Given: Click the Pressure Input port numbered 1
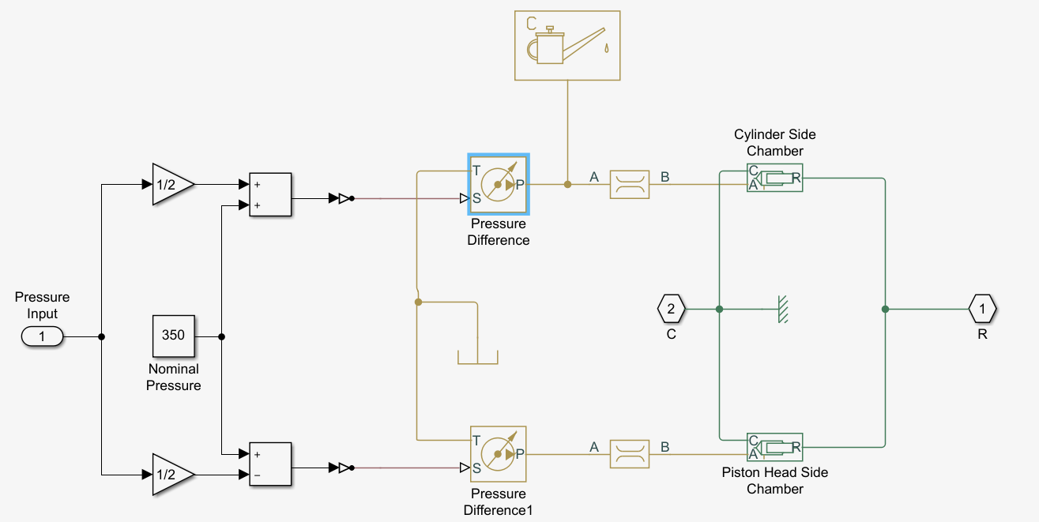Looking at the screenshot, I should point(43,336).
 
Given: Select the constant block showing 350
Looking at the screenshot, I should point(173,336).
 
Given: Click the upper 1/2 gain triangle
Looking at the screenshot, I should point(171,185).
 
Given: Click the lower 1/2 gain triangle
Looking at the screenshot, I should point(171,475).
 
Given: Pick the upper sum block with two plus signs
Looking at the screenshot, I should point(270,194).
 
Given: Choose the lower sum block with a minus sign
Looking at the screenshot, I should point(270,464).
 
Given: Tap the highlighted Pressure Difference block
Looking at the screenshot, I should point(499,184).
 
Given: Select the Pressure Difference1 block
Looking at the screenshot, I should point(499,454).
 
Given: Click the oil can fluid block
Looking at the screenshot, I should point(567,45).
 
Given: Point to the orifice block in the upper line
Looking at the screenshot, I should point(630,184).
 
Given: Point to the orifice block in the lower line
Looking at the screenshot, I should point(630,454).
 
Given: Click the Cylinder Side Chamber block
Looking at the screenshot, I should point(774,178).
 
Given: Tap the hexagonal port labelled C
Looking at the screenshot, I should point(671,309).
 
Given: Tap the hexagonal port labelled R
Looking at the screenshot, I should point(983,309).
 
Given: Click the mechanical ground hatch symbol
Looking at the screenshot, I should point(781,309).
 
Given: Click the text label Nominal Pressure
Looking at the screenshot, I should point(174,377).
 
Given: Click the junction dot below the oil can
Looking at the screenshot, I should point(567,184).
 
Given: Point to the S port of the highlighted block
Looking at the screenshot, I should point(476,198).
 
